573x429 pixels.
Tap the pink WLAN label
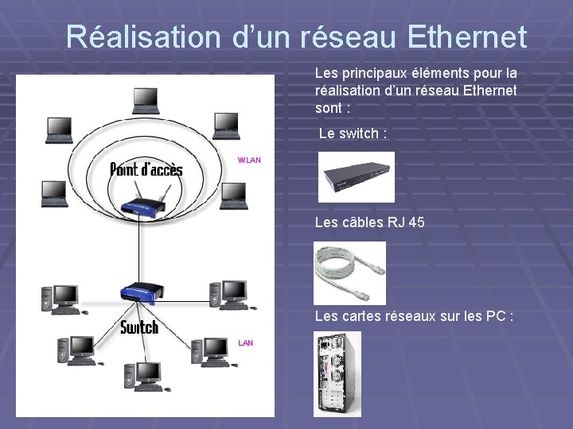249,160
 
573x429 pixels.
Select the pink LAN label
246,342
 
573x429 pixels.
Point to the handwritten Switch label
139,327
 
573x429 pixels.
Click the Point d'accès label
146,169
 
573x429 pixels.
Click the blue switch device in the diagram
138,293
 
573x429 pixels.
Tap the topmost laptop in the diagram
145,99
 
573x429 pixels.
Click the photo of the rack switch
356,177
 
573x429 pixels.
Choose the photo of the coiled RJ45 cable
349,272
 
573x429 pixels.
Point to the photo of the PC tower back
337,373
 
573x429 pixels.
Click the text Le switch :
353,133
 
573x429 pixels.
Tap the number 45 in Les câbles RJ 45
415,222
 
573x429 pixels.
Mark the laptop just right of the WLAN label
232,194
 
